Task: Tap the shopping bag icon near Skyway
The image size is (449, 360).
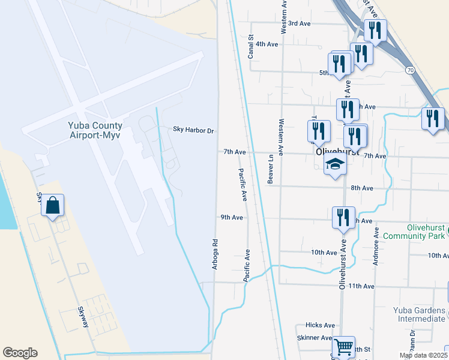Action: (53, 206)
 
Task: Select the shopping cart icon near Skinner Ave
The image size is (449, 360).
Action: (343, 347)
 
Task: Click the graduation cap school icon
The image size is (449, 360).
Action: (335, 165)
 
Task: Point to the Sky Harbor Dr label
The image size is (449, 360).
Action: (193, 130)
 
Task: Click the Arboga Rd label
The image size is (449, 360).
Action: (214, 254)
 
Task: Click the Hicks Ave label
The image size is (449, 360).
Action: (320, 325)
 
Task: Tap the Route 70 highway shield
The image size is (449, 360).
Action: (410, 70)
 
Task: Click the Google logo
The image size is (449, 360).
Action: (20, 353)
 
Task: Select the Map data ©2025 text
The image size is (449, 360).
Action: (423, 355)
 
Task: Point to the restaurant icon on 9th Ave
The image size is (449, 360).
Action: (343, 218)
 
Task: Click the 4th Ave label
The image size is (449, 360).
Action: (267, 44)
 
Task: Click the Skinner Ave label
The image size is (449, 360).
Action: (315, 338)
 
